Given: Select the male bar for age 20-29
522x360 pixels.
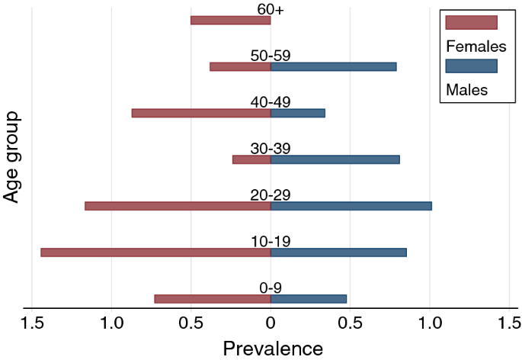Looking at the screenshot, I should pyautogui.click(x=351, y=206).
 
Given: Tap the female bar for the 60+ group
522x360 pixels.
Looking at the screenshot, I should pyautogui.click(x=230, y=21).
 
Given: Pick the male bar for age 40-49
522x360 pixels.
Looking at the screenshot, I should pyautogui.click(x=297, y=113).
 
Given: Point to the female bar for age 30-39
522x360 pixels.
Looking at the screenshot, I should pyautogui.click(x=251, y=159).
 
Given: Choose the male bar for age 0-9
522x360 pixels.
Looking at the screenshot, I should pyautogui.click(x=308, y=299).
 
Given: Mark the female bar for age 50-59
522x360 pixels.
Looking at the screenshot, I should pyautogui.click(x=240, y=66).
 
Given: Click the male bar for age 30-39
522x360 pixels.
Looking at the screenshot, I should pyautogui.click(x=335, y=159).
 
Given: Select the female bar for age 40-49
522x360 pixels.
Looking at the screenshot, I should pyautogui.click(x=201, y=113).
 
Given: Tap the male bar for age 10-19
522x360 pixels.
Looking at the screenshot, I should pyautogui.click(x=338, y=252).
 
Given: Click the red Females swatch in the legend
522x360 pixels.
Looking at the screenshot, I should pyautogui.click(x=471, y=21).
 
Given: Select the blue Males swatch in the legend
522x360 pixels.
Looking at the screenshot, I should pyautogui.click(x=471, y=66).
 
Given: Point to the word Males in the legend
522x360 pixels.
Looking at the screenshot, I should pyautogui.click(x=466, y=91).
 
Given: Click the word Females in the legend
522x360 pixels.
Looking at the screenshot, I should pyautogui.click(x=476, y=46).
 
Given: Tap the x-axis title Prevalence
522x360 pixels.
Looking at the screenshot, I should pyautogui.click(x=273, y=349).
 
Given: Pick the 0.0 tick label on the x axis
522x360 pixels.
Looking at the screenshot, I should pyautogui.click(x=271, y=323).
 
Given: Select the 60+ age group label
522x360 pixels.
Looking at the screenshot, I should pyautogui.click(x=271, y=8).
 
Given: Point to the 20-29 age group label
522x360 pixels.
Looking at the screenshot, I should pyautogui.click(x=271, y=194).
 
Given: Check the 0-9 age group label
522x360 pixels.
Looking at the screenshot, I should pyautogui.click(x=271, y=288).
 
